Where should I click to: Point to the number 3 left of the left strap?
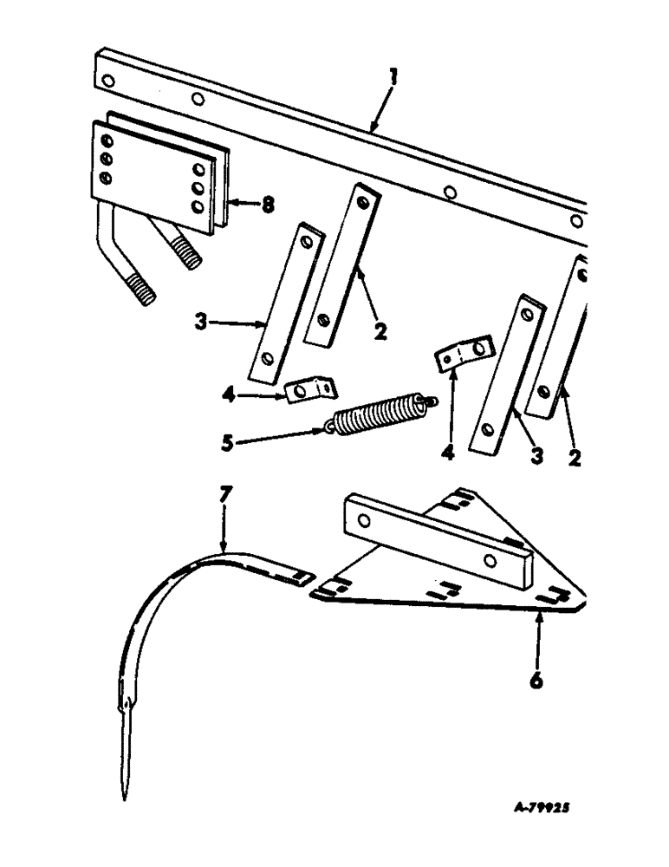[x=201, y=324]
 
